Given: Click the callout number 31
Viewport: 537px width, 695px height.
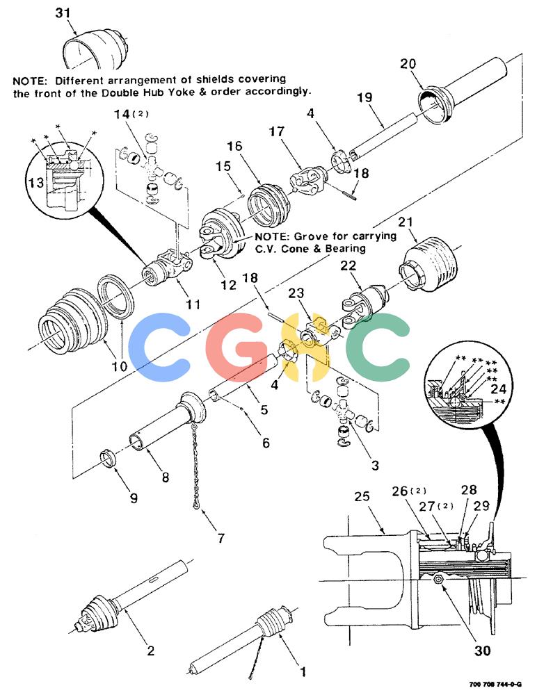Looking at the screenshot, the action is pyautogui.click(x=63, y=13).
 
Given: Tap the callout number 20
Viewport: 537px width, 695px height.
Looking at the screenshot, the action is pyautogui.click(x=408, y=64).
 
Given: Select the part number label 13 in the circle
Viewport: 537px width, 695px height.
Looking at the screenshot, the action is pyautogui.click(x=36, y=182).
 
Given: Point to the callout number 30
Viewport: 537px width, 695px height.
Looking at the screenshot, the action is pyautogui.click(x=482, y=651).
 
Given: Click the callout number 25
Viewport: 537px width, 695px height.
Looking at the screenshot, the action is pyautogui.click(x=362, y=496).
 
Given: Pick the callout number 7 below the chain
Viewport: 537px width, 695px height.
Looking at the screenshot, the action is pyautogui.click(x=221, y=538).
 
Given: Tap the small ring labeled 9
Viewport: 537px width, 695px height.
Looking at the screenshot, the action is pyautogui.click(x=108, y=458).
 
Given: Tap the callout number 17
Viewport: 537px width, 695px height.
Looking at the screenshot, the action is pyautogui.click(x=276, y=131).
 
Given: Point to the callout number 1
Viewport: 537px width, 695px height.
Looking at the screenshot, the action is pyautogui.click(x=303, y=672).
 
